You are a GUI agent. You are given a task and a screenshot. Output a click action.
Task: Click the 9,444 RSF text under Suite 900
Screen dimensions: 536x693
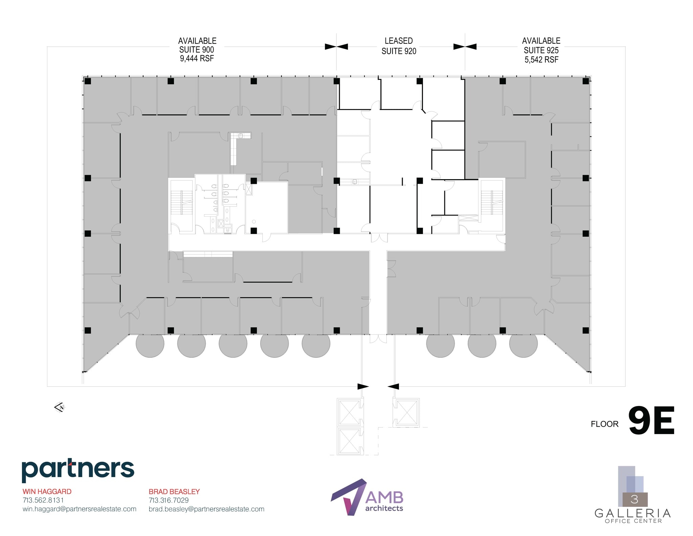coord(197,59)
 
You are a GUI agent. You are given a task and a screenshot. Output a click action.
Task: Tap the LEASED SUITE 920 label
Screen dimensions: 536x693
coord(399,46)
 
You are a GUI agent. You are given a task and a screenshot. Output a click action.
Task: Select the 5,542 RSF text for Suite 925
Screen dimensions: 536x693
coord(541,60)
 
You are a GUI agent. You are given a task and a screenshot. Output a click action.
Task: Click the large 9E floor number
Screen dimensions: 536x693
coord(651,421)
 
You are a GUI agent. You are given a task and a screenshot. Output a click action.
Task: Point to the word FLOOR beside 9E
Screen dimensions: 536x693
coord(604,424)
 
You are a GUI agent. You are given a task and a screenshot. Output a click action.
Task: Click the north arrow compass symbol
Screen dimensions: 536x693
coord(60,407)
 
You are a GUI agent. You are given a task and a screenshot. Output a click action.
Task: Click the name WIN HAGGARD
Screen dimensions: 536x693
coord(47,491)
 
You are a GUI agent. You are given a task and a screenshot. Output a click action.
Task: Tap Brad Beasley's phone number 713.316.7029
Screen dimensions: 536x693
coord(169,500)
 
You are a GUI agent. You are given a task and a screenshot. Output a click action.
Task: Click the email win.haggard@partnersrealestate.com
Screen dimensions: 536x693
coord(80,509)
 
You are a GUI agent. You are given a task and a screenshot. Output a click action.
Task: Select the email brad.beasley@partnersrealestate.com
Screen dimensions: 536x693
coord(206,509)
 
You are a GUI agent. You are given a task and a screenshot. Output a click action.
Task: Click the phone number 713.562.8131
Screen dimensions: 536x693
coord(43,500)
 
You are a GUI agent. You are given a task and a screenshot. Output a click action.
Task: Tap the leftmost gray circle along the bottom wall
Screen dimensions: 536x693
coord(150,343)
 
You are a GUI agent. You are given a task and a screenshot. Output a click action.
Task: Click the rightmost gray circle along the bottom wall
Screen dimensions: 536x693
coord(523,343)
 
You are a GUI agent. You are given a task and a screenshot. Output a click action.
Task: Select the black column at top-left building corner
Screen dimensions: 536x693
coord(88,81)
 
